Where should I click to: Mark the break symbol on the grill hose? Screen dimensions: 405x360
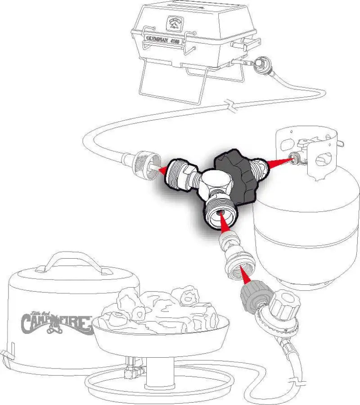pos(231,108)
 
